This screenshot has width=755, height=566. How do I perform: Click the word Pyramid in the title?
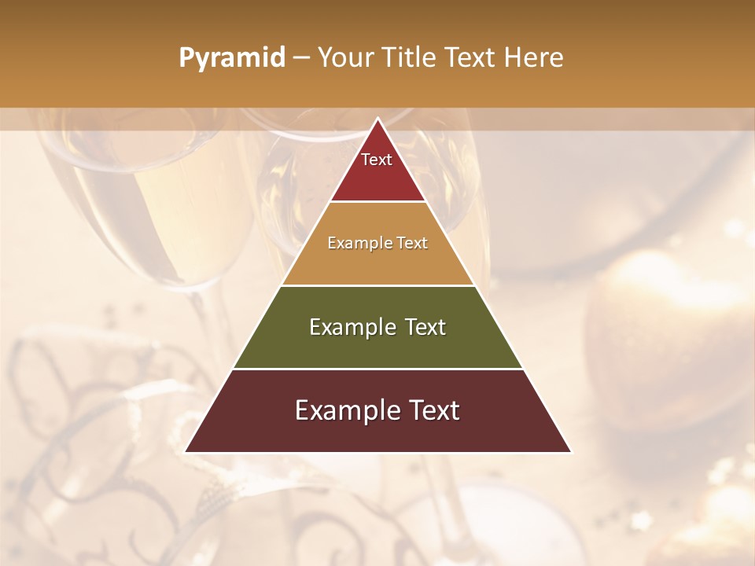tap(231, 58)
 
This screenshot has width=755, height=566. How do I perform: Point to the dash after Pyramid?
tap(301, 59)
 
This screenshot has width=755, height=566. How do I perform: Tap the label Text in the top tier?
tap(377, 160)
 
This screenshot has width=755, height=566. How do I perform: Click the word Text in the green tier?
tap(421, 327)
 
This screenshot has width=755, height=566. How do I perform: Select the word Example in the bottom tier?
tap(344, 410)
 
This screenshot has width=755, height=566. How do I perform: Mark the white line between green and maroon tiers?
tap(378, 369)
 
